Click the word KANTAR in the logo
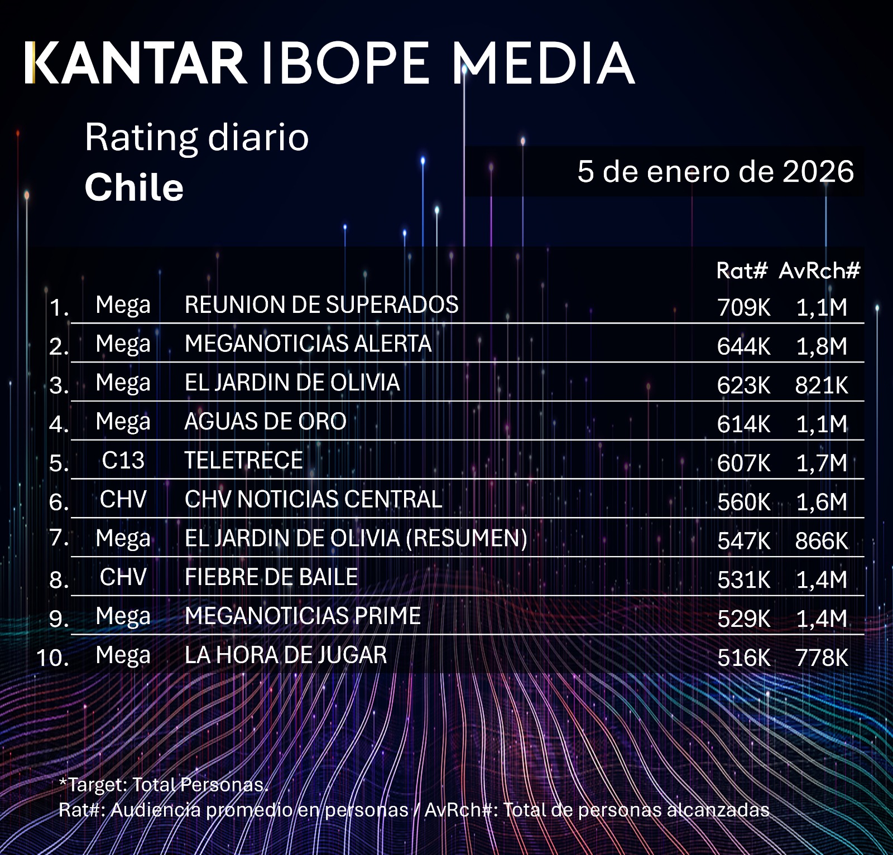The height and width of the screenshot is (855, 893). click(135, 63)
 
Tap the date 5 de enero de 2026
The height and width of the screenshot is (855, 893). click(715, 171)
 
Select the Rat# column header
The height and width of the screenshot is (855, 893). click(742, 270)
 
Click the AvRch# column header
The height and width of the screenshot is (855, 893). click(819, 270)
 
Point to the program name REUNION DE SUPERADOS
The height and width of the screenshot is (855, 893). click(321, 305)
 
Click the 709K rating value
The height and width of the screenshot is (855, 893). click(743, 307)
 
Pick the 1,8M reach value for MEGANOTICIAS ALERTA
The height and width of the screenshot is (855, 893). click(821, 346)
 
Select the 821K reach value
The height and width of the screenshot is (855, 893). click(821, 385)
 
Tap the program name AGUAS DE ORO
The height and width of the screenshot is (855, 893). click(265, 422)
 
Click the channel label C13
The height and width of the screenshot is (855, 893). click(123, 461)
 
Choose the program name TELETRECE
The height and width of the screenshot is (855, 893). click(243, 461)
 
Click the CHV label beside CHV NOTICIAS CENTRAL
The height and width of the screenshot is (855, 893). click(123, 500)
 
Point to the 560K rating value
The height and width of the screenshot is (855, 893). click(743, 502)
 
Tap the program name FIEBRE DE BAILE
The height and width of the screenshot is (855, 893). click(271, 577)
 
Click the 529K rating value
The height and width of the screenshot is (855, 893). click(743, 619)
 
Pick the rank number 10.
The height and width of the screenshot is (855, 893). click(52, 658)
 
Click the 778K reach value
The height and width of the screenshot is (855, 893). click(821, 658)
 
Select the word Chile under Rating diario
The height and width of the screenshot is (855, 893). click(134, 187)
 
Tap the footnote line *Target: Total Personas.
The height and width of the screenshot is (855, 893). click(164, 785)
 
